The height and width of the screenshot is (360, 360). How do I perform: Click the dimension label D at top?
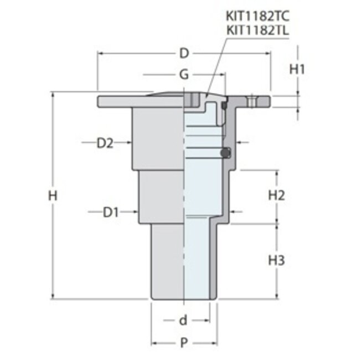[x=184, y=54]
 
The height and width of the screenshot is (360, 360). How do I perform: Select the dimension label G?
[x=184, y=74]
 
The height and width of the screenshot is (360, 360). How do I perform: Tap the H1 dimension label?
[x=298, y=69]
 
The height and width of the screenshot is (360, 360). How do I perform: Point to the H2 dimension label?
[x=276, y=196]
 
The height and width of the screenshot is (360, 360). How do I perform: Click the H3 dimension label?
[x=276, y=260]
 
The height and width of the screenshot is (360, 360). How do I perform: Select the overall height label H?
[x=53, y=196]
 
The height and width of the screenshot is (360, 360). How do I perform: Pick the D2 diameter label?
[x=105, y=143]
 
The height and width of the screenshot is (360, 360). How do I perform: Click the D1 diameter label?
[x=111, y=212]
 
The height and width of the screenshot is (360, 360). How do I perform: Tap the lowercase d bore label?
[x=182, y=320]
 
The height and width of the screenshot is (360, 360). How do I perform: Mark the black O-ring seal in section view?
[x=224, y=153]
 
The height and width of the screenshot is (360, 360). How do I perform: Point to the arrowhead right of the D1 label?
[x=135, y=212]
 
